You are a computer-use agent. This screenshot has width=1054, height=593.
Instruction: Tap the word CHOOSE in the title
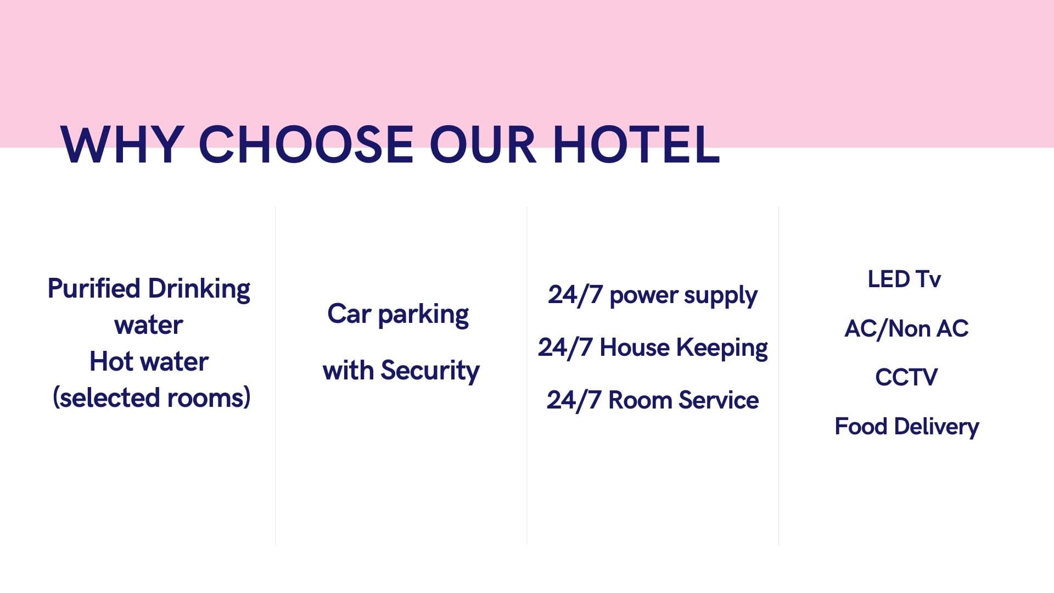tap(305, 144)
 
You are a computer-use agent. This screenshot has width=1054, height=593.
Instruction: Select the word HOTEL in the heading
tap(636, 144)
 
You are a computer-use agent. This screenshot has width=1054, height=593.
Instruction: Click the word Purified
tap(94, 288)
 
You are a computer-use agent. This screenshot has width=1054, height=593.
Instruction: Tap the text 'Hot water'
tap(149, 362)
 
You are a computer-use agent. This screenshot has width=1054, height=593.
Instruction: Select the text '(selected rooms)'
tap(152, 398)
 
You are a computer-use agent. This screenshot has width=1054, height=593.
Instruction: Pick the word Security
tap(430, 371)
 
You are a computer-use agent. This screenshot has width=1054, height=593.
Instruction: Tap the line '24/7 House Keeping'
tap(653, 348)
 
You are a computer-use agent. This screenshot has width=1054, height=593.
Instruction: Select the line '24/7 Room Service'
tap(653, 400)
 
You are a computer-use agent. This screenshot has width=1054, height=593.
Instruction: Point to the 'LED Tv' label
tap(904, 279)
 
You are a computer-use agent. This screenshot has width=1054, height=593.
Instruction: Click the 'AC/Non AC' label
tap(906, 328)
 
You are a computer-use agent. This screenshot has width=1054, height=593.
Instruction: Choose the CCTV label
tap(906, 377)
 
